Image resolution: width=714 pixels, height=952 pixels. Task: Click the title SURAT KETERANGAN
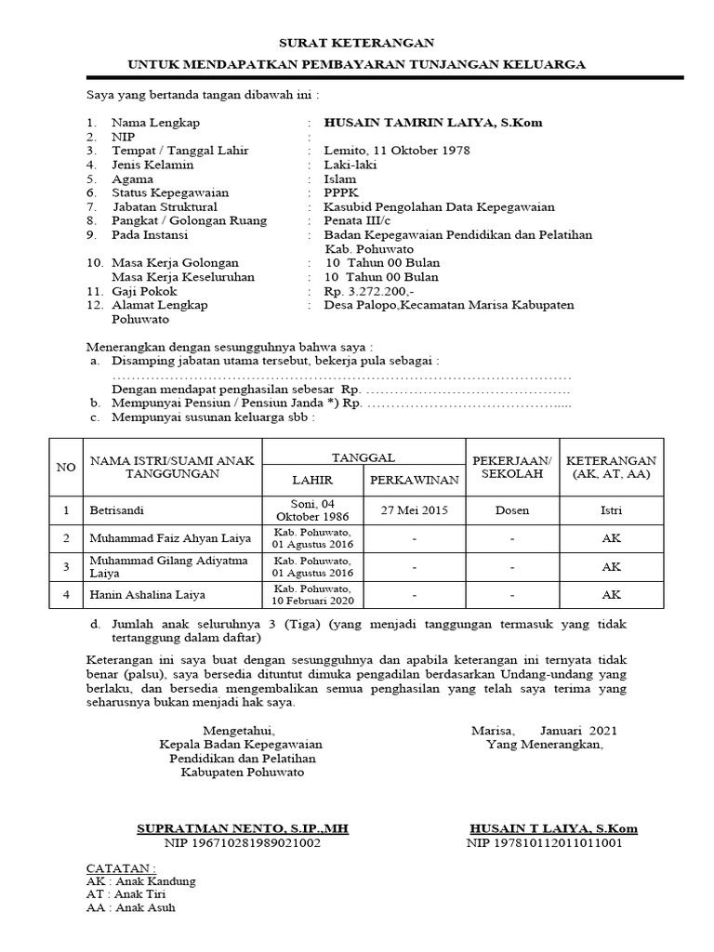[x=357, y=43]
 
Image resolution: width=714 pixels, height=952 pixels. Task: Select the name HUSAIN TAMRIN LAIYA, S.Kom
[x=432, y=122]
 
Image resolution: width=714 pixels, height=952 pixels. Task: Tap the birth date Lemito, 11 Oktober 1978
[x=397, y=151]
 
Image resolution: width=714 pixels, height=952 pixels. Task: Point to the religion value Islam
[x=338, y=178]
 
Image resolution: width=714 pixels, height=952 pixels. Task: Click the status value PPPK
[x=340, y=192]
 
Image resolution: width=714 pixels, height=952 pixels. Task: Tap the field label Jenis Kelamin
[x=152, y=165]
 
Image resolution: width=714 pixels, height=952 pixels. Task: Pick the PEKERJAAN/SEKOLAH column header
[x=512, y=467]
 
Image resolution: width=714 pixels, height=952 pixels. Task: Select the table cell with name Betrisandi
[x=119, y=510]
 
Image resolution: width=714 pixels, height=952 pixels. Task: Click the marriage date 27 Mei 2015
[x=414, y=510]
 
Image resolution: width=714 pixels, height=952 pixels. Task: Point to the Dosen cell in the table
[x=512, y=510]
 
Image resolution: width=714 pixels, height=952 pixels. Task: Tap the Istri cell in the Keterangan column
[x=611, y=510]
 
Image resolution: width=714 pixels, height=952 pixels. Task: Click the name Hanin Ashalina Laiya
[x=147, y=593]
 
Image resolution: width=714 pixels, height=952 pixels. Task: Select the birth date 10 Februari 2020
[x=311, y=600]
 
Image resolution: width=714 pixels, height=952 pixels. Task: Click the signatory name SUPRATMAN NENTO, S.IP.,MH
[x=242, y=827]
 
